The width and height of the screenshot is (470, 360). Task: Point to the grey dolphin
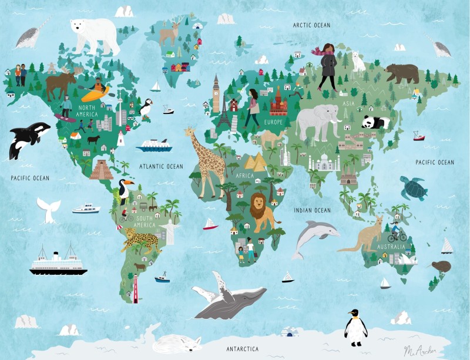tap(314, 235)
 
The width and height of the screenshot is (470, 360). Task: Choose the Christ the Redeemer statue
tap(169, 231)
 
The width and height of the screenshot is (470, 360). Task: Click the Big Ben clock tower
tap(216, 93)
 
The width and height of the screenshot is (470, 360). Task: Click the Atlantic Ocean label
tap(161, 166)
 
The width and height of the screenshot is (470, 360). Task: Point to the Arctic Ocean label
tap(312, 25)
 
